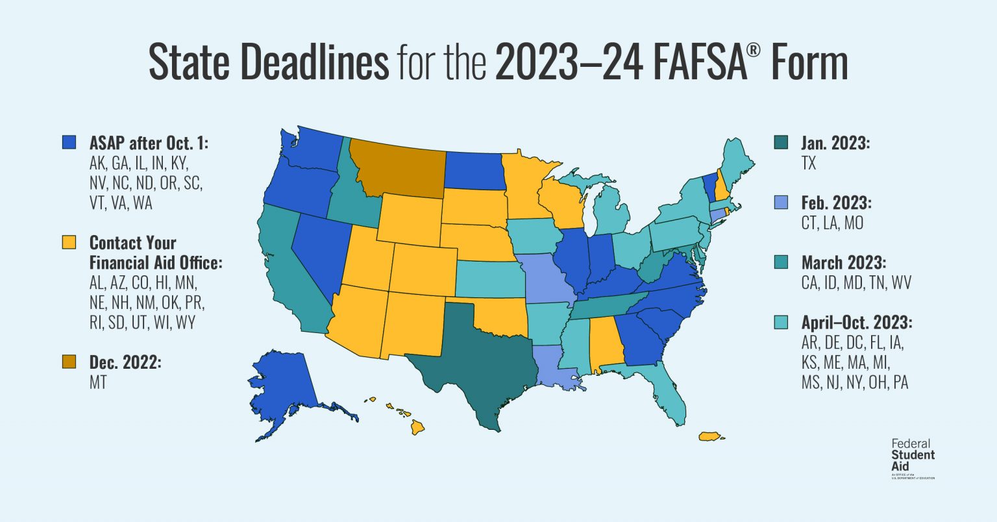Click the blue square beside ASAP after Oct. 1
pos(69,142)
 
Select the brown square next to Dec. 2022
pos(69,362)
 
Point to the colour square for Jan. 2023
pos(782,142)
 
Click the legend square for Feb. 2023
pos(782,203)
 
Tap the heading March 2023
pos(843,262)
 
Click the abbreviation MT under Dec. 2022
pos(98,382)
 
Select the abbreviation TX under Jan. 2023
pos(809,163)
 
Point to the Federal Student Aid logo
pos(913,457)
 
